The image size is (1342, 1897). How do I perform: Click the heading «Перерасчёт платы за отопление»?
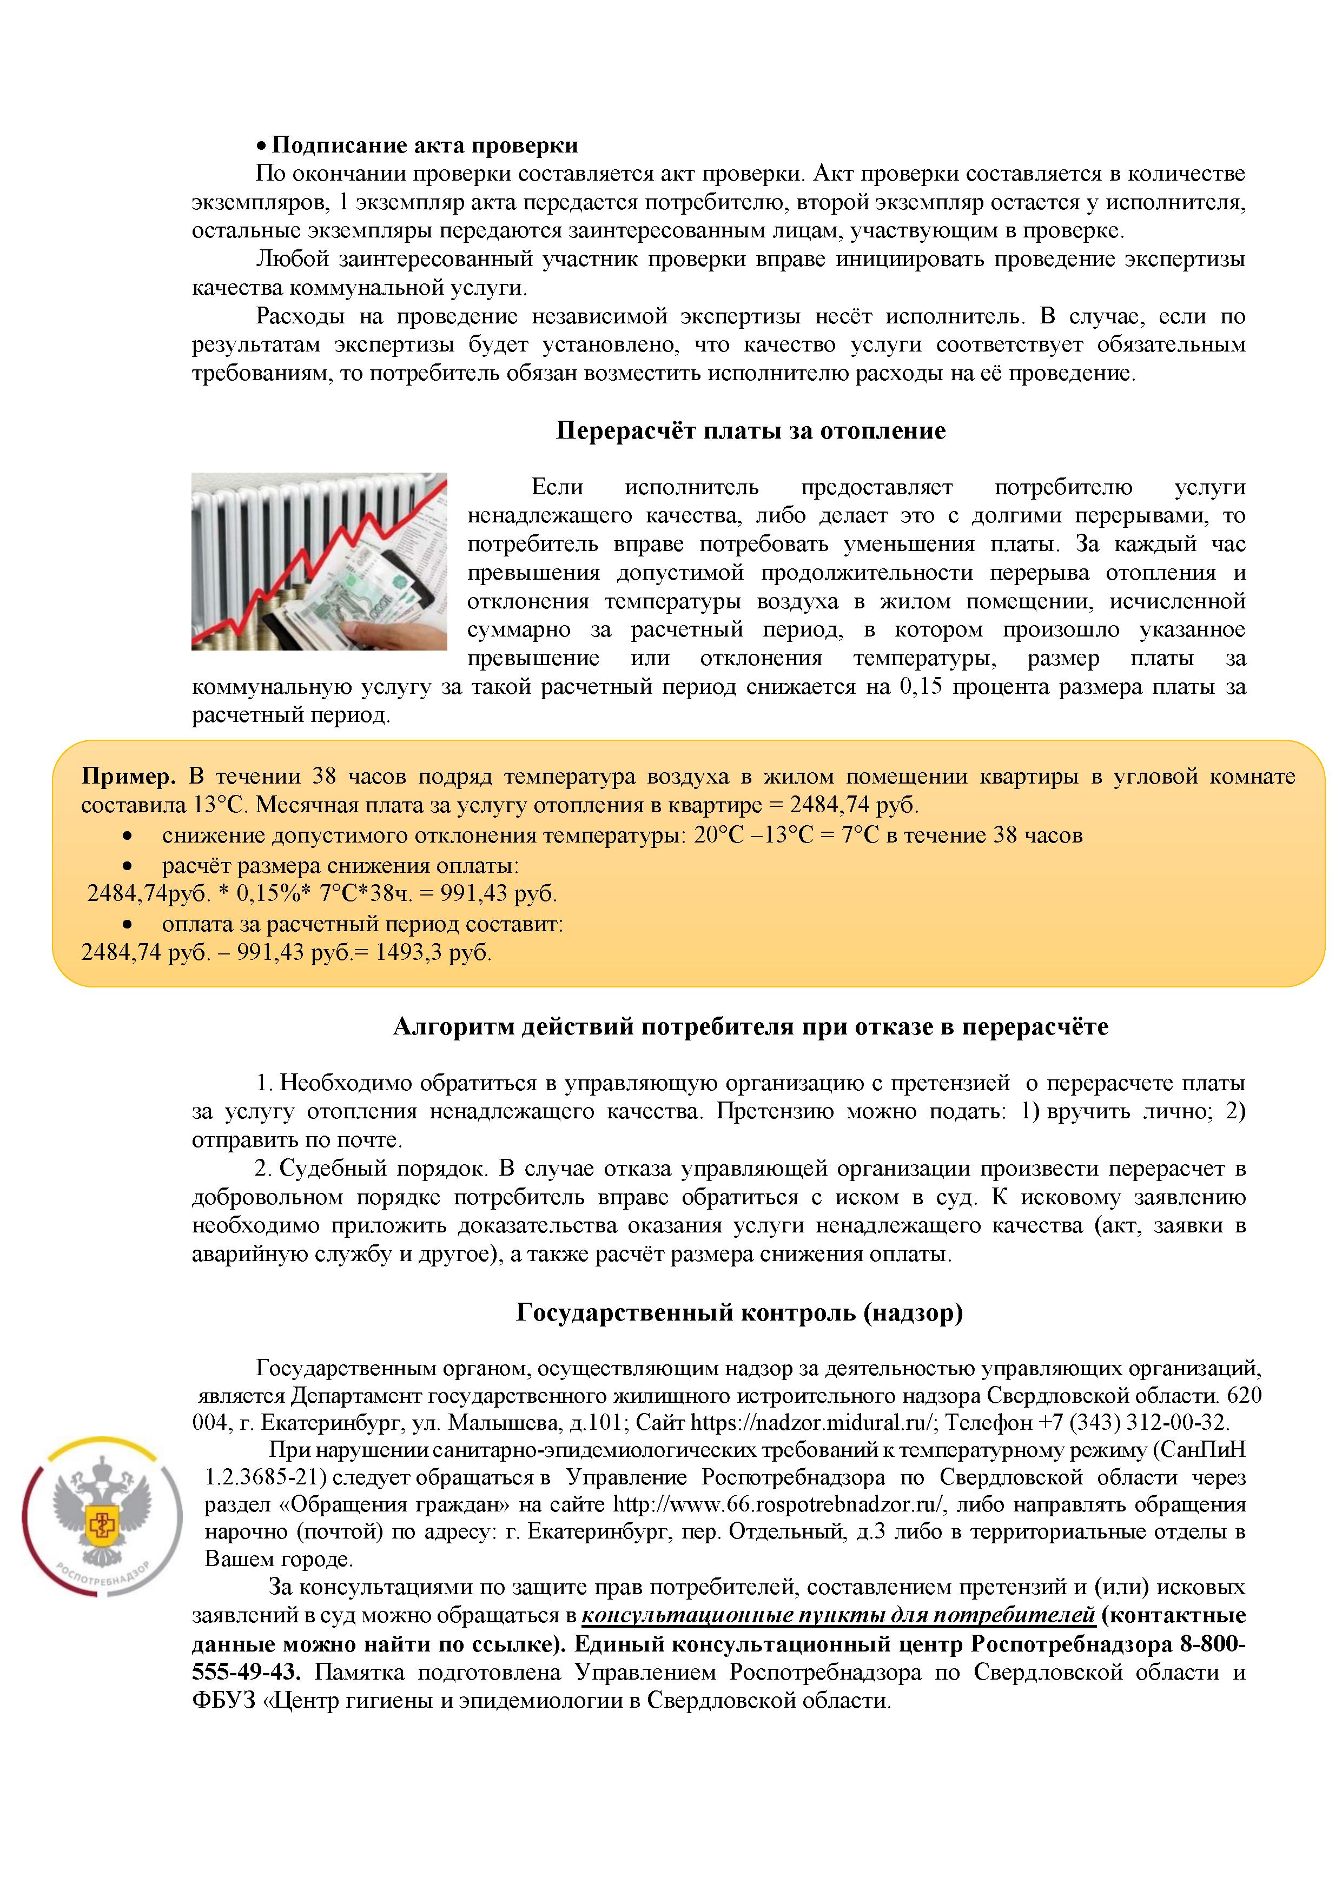[750, 430]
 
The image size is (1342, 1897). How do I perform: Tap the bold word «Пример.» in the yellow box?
[128, 777]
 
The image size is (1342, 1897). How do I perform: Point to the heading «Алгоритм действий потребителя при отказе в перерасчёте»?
[750, 1026]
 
